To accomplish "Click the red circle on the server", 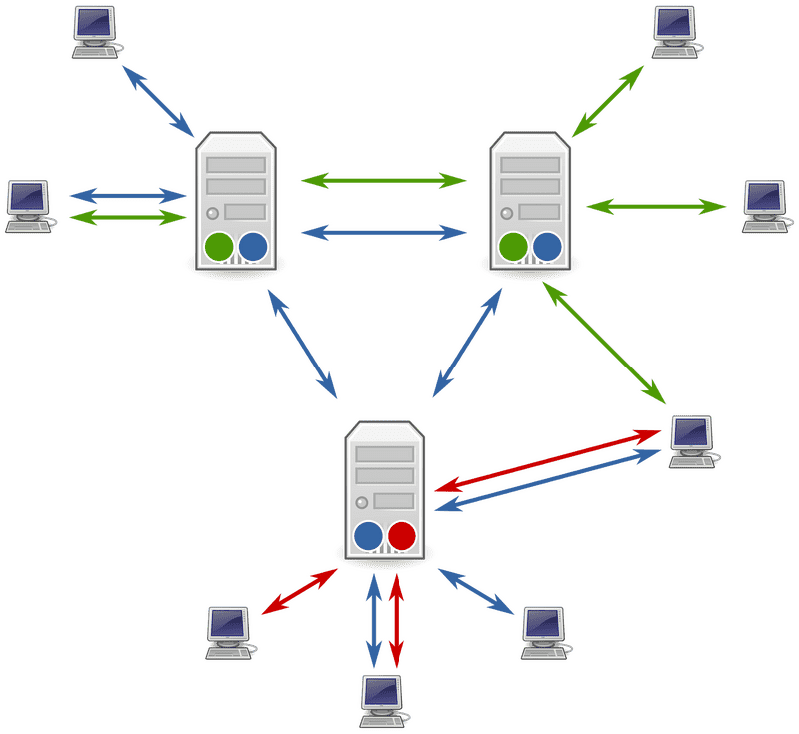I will pos(401,536).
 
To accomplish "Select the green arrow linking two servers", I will pos(385,181).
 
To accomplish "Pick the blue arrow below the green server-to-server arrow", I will pos(385,231).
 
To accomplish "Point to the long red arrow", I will pos(549,460).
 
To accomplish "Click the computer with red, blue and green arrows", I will pos(691,440).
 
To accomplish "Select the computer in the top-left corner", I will pos(96,29).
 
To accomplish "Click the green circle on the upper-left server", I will pos(219,246).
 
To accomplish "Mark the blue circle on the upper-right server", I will pos(547,246).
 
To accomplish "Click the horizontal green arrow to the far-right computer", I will pos(656,206).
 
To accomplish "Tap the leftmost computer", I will pos(29,205).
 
